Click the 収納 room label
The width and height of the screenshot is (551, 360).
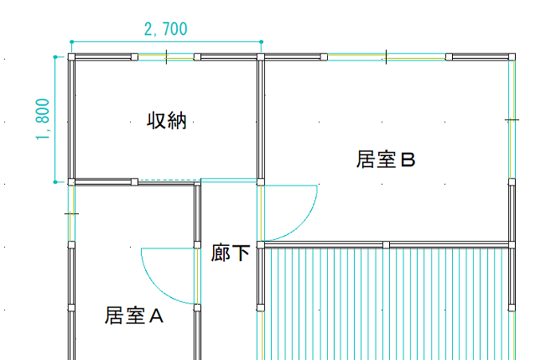[166, 121]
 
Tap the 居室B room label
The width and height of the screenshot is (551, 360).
[386, 159]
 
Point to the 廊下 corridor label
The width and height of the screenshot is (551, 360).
[231, 252]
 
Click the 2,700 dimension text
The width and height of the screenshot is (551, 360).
[166, 29]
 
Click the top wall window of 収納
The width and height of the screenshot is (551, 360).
[166, 57]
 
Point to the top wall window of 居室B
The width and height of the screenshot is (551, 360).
[386, 57]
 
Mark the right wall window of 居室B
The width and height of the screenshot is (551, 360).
[512, 119]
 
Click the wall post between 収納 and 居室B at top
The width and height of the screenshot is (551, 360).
[261, 57]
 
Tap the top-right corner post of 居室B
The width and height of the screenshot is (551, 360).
[512, 57]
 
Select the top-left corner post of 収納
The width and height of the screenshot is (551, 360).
[71, 57]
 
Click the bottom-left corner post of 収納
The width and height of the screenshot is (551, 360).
[71, 181]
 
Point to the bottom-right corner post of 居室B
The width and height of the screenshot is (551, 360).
[512, 244]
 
